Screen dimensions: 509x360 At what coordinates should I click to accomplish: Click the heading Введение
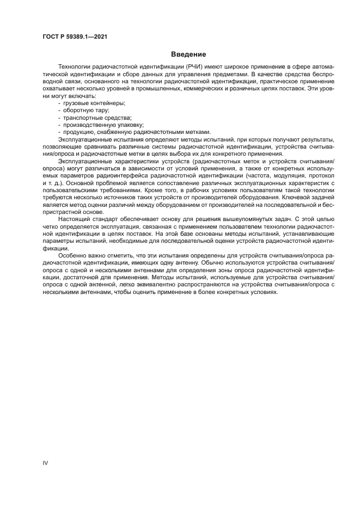tap(188, 54)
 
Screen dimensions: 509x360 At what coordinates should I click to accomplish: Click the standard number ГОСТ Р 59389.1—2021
tap(74, 38)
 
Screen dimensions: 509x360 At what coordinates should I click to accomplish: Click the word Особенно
tap(71, 254)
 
